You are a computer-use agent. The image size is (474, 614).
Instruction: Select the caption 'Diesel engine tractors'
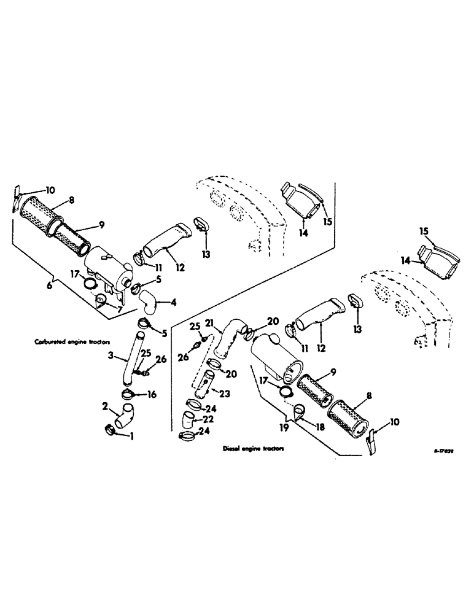(x=253, y=448)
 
